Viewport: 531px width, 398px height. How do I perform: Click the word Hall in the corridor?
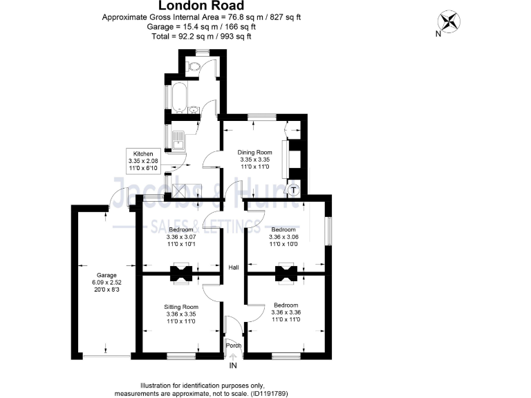[234, 268]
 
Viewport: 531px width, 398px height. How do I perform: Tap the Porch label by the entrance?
[234, 345]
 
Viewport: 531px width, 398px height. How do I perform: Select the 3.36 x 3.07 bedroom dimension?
[180, 236]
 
